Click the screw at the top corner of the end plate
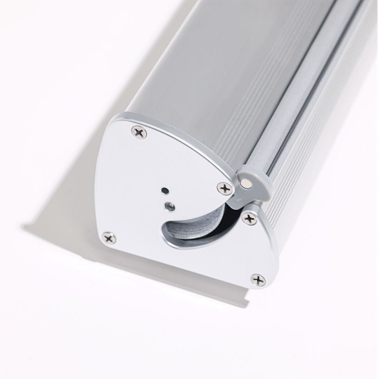(139, 132)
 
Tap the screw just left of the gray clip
(225, 188)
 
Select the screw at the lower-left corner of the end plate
(109, 238)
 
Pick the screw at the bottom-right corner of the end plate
(258, 280)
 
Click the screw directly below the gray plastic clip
(249, 218)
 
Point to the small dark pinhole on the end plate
(164, 190)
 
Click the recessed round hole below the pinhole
(170, 206)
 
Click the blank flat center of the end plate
(135, 186)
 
